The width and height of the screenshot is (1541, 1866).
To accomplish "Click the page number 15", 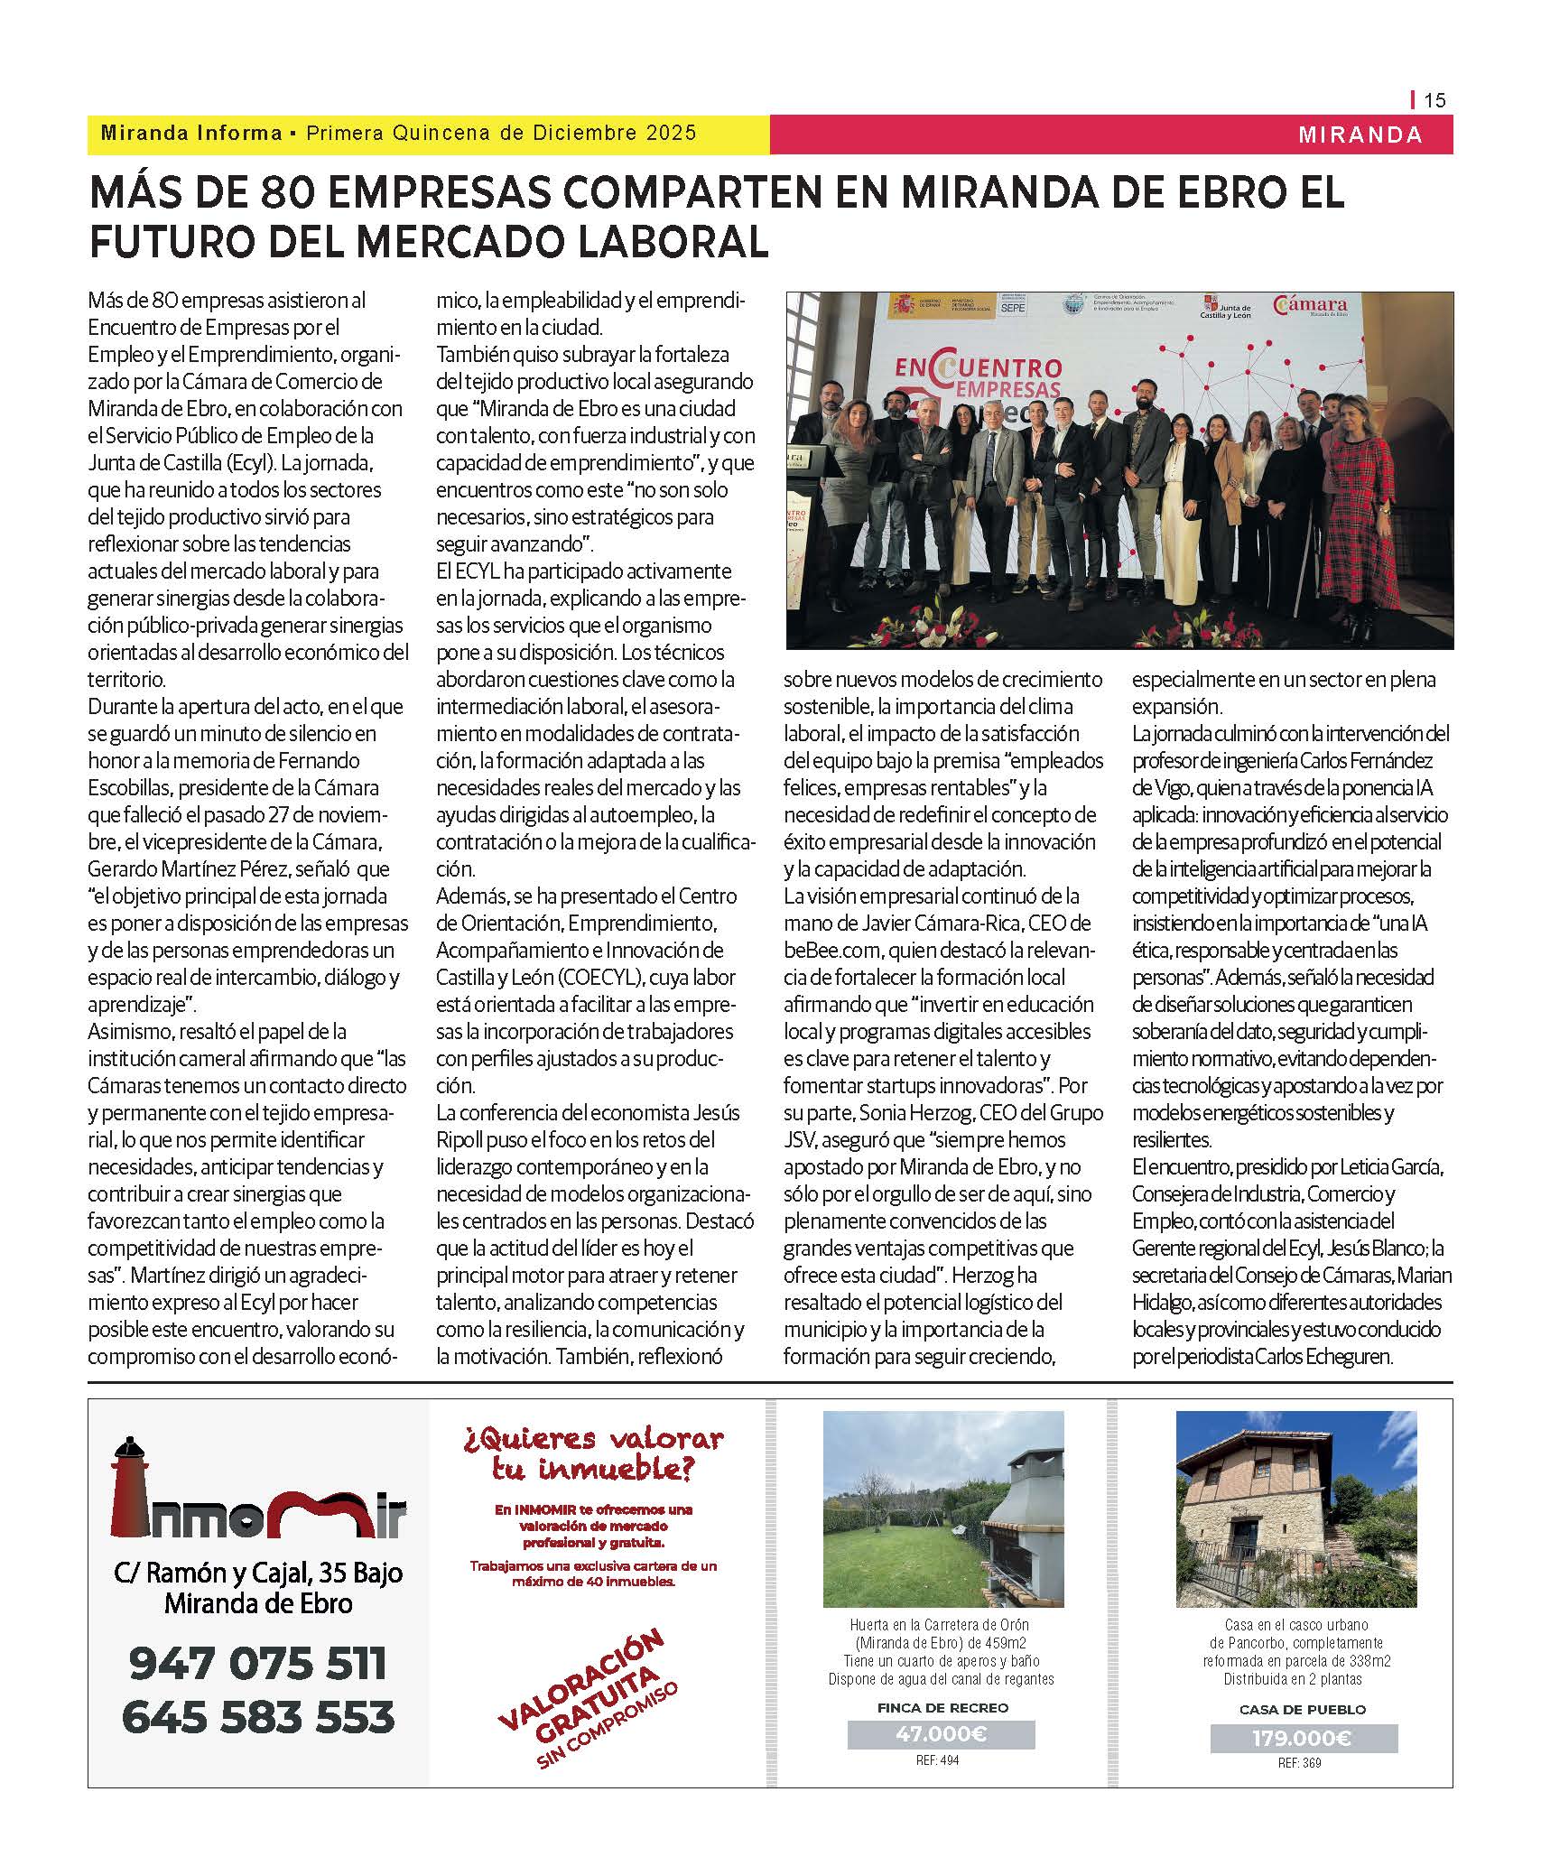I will (x=1434, y=100).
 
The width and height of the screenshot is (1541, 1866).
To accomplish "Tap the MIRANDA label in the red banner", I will (x=1360, y=135).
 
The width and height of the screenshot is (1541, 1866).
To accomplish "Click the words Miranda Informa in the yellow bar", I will (x=191, y=134).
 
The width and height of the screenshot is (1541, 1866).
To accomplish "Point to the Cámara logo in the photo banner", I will (x=1310, y=307).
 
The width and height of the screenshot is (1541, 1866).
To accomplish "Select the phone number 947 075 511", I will (x=258, y=1663).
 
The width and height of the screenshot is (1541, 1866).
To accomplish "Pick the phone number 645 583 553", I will (x=258, y=1716).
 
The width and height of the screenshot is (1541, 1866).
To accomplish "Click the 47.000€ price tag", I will (x=942, y=1733).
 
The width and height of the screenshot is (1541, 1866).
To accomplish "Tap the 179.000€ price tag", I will (x=1303, y=1738).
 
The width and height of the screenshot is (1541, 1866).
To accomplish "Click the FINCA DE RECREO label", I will (x=942, y=1707).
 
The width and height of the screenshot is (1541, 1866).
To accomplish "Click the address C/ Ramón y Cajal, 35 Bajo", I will (x=258, y=1573).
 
